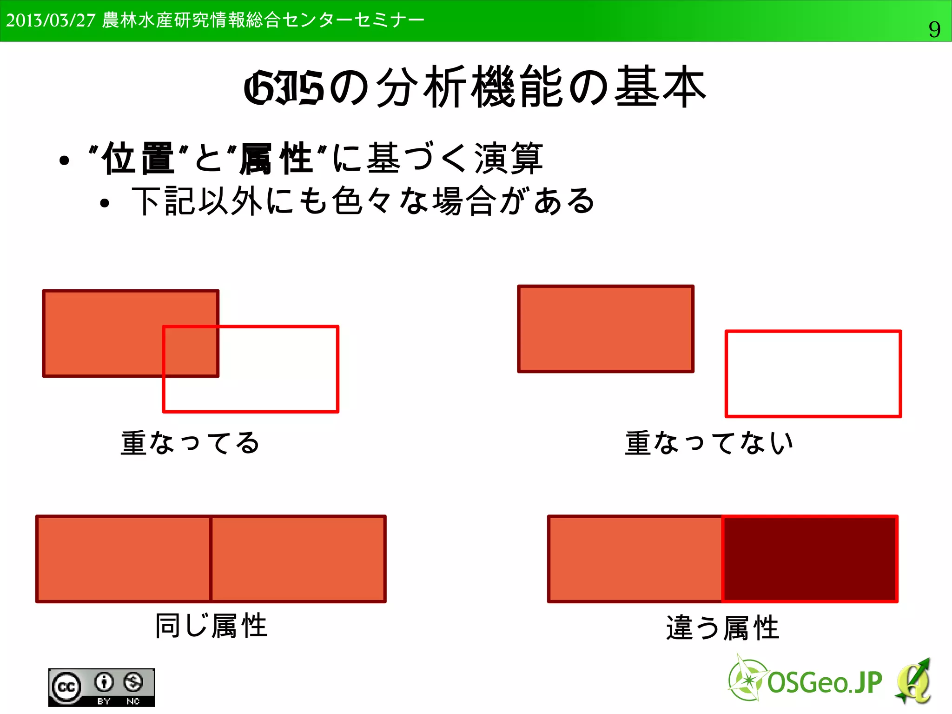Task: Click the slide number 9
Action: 934,30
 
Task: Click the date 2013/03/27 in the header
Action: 51,20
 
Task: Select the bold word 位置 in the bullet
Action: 138,159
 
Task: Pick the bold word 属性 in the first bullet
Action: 275,159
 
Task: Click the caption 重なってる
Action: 190,442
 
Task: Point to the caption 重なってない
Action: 709,442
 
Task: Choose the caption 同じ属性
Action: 212,626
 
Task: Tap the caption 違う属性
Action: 722,627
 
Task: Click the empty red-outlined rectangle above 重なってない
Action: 813,374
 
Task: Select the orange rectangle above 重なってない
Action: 606,329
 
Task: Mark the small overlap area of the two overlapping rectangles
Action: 191,351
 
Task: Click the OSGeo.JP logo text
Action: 824,683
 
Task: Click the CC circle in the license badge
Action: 66,687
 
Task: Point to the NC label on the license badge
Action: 133,701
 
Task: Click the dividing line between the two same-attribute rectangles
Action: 211,559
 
